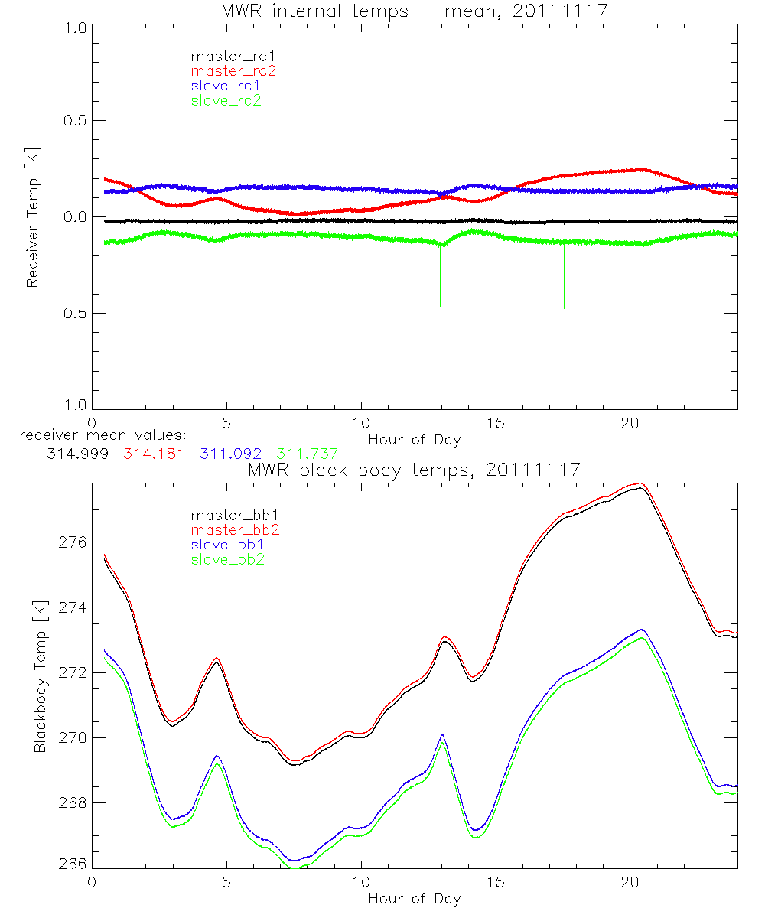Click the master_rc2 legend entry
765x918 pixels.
point(233,71)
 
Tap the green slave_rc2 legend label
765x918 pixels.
point(226,100)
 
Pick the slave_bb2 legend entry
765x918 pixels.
point(226,559)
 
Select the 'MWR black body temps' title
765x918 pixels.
point(414,469)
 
